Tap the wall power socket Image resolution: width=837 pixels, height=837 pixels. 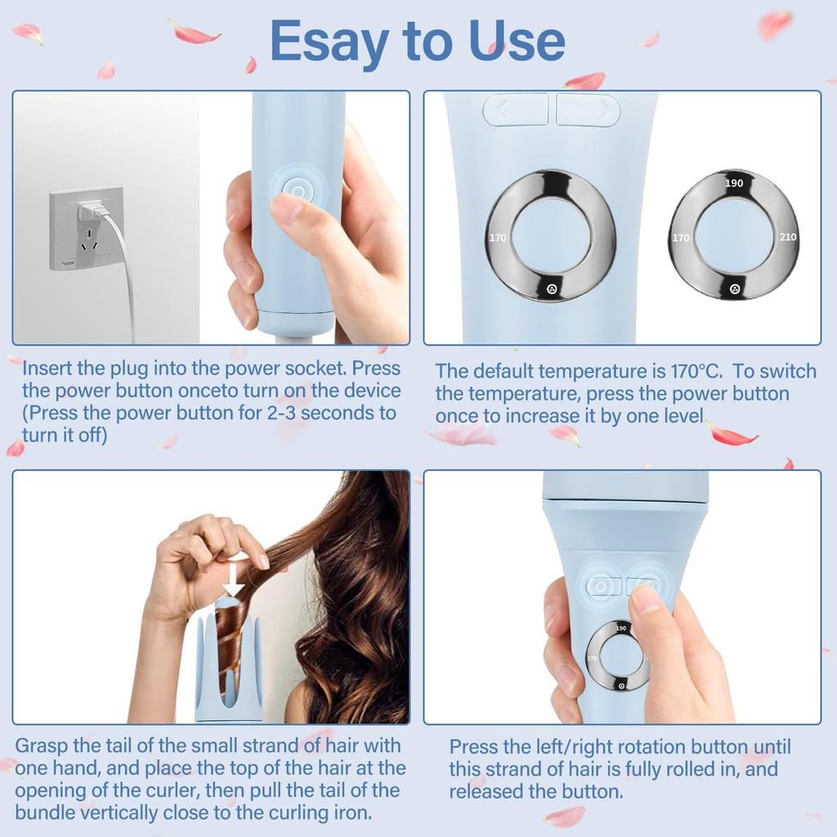[x=87, y=228]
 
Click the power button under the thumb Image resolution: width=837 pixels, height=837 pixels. [x=298, y=191]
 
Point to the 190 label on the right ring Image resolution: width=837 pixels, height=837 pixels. [x=734, y=183]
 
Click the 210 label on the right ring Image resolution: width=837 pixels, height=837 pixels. [x=788, y=237]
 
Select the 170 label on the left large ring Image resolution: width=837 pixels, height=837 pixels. [x=498, y=238]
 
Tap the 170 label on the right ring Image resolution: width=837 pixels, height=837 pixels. [x=681, y=238]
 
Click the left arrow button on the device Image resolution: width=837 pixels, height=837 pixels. [x=516, y=110]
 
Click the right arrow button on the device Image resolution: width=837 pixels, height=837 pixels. [x=589, y=110]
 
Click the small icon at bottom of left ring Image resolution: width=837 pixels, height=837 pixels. [x=552, y=289]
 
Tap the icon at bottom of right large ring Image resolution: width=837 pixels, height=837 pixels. [x=735, y=289]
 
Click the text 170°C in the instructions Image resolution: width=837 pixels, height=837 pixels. [x=696, y=371]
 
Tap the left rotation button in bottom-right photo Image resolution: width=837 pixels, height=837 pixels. [x=602, y=587]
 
